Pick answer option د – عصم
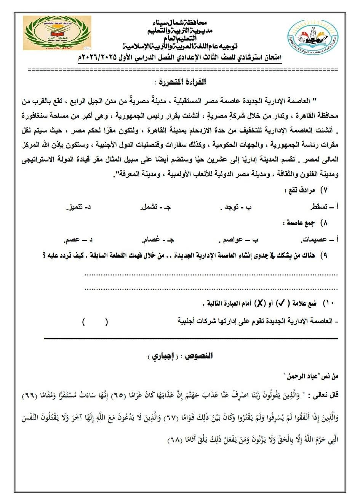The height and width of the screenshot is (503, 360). click(79, 240)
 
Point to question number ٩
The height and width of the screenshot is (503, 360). click(325, 256)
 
